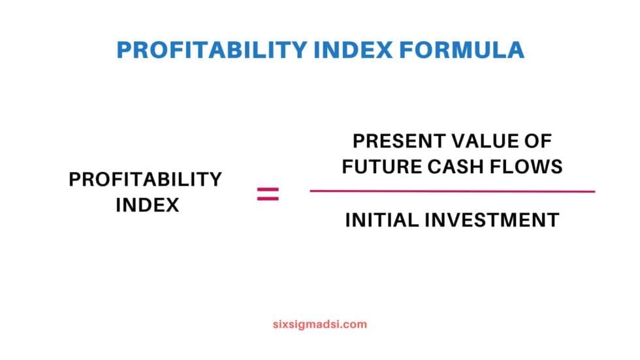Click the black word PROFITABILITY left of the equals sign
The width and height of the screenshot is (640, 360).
pyautogui.click(x=146, y=180)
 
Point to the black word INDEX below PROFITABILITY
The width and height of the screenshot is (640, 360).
pyautogui.click(x=147, y=205)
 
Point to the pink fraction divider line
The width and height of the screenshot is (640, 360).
pyautogui.click(x=452, y=191)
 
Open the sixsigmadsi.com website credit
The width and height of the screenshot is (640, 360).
pyautogui.click(x=319, y=324)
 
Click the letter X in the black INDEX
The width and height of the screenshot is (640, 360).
pyautogui.click(x=172, y=205)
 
